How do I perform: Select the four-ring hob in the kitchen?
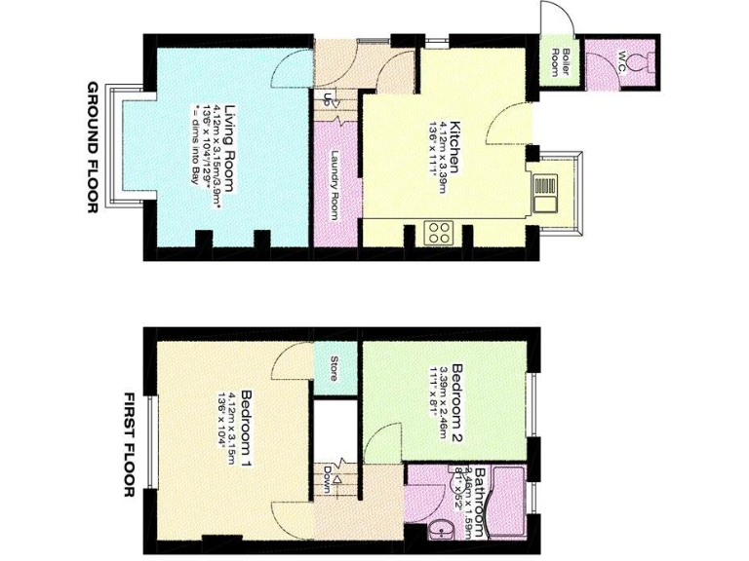(x=438, y=232)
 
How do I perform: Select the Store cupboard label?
(x=333, y=369)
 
